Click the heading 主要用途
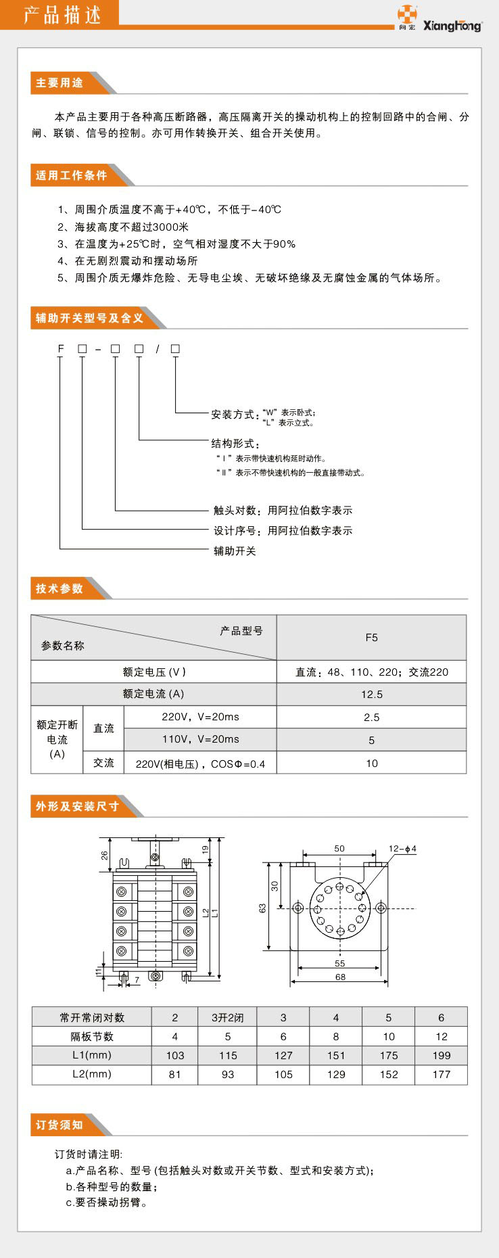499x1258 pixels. (x=60, y=83)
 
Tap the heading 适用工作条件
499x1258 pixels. (x=72, y=175)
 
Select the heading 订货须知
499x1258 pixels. (x=60, y=1125)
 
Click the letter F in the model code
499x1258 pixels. (x=61, y=349)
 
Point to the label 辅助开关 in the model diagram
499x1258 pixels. (x=235, y=551)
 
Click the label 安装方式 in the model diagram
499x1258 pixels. (x=233, y=415)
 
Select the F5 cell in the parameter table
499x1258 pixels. (x=371, y=637)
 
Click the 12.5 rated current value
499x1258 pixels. (x=371, y=694)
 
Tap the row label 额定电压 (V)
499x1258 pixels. (x=153, y=672)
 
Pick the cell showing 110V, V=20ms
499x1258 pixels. (x=200, y=739)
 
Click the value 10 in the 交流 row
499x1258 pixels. (x=371, y=763)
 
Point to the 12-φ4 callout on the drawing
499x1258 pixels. (x=402, y=849)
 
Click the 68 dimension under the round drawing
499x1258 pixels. (x=340, y=977)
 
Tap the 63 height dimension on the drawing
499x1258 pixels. (x=262, y=908)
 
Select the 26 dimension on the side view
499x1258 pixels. (x=105, y=855)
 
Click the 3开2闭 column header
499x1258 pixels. (x=228, y=1017)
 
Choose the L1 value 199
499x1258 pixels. (x=441, y=1055)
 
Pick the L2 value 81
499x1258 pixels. (x=175, y=1074)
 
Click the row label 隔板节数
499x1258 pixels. (x=92, y=1036)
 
